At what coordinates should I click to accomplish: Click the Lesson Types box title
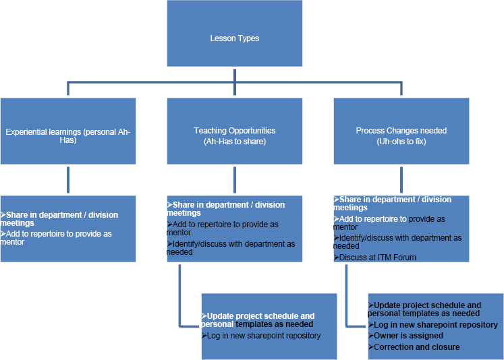234,38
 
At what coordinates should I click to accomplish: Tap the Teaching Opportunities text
234,131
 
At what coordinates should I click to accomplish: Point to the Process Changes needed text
401,131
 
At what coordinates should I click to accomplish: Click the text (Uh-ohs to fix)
401,141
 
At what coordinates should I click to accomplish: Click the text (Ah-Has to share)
234,141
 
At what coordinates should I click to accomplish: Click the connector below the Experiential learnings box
67,180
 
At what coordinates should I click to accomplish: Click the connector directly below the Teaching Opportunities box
234,180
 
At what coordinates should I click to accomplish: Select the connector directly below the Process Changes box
401,180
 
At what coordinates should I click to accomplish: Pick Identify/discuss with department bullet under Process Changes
398,242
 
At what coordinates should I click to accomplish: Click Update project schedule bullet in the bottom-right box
425,309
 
